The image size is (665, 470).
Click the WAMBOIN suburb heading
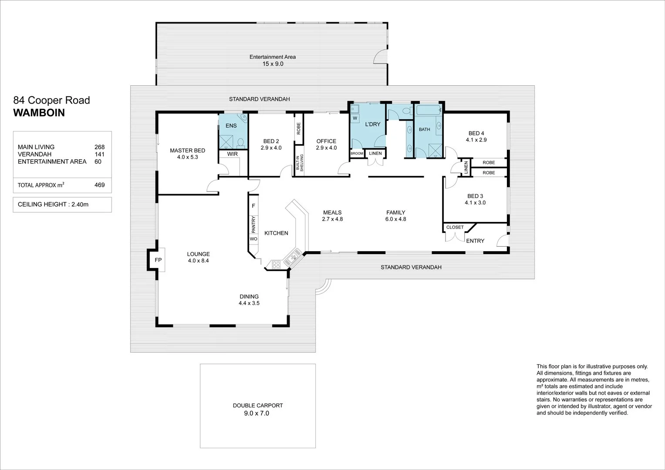pos(39,113)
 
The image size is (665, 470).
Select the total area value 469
pos(99,185)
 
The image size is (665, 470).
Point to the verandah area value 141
pos(99,154)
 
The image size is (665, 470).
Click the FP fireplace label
pos(158,260)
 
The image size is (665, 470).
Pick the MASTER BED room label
pos(187,151)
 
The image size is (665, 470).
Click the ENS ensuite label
pos(231,126)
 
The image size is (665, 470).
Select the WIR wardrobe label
pos(232,154)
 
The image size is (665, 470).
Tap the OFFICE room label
pos(326,141)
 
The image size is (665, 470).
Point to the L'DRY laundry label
pos(372,124)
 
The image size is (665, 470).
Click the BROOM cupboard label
pos(357,154)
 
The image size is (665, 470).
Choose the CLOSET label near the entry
pos(455,227)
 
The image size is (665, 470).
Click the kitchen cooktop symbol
pos(276,264)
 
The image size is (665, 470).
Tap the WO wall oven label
pos(253,239)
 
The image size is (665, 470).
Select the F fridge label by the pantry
pos(253,205)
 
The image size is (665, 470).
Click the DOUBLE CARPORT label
pos(258,405)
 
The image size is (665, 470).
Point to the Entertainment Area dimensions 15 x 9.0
pos(273,64)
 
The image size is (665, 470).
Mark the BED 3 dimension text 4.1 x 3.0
pos(475,202)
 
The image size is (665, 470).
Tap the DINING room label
pos(249,296)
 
